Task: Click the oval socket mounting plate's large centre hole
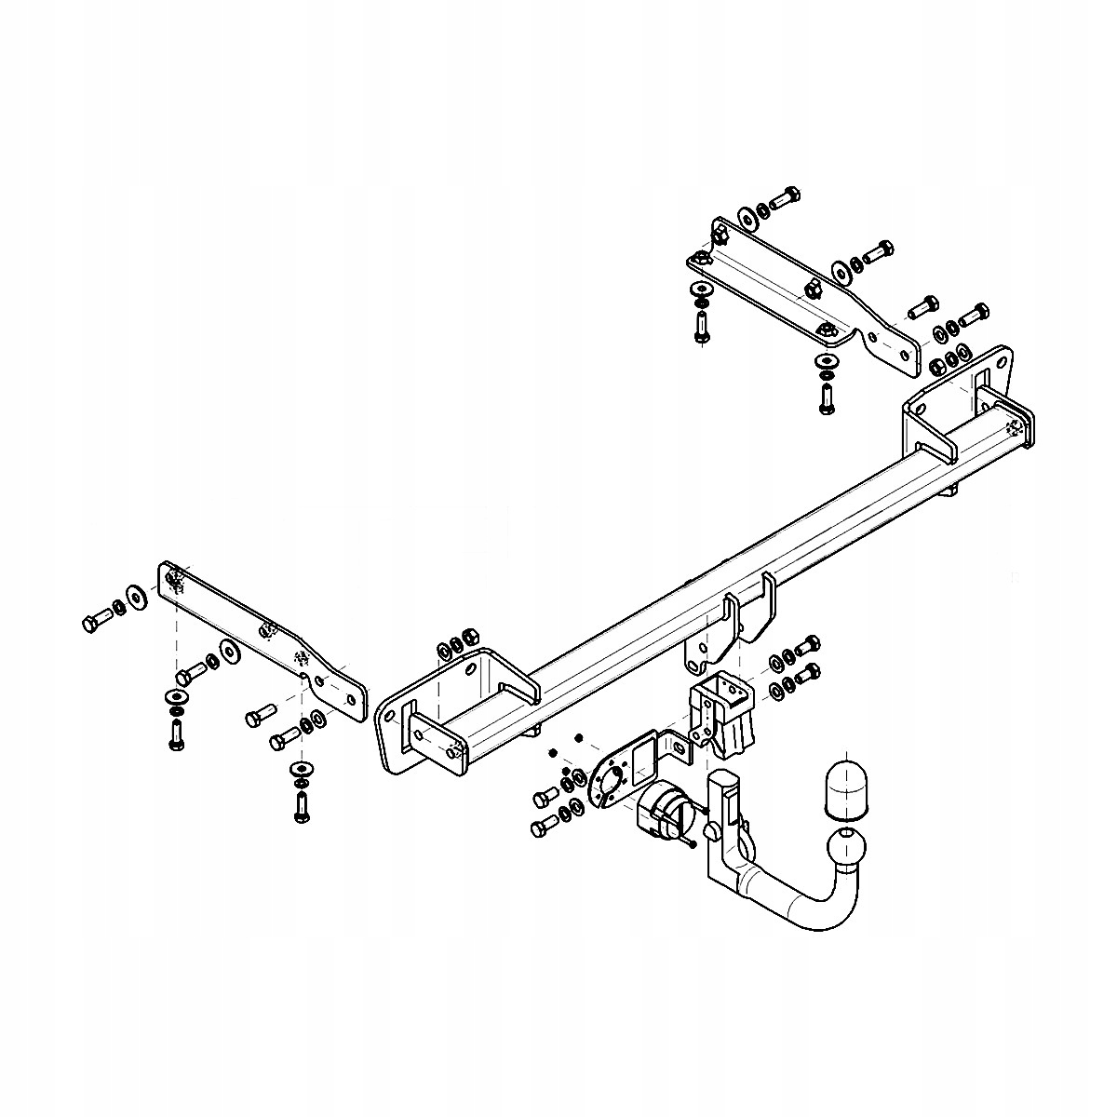click(611, 780)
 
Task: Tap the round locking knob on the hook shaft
click(712, 831)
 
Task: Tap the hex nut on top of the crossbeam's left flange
click(470, 635)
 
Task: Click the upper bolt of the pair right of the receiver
click(806, 644)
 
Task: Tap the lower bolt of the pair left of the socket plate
click(542, 827)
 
